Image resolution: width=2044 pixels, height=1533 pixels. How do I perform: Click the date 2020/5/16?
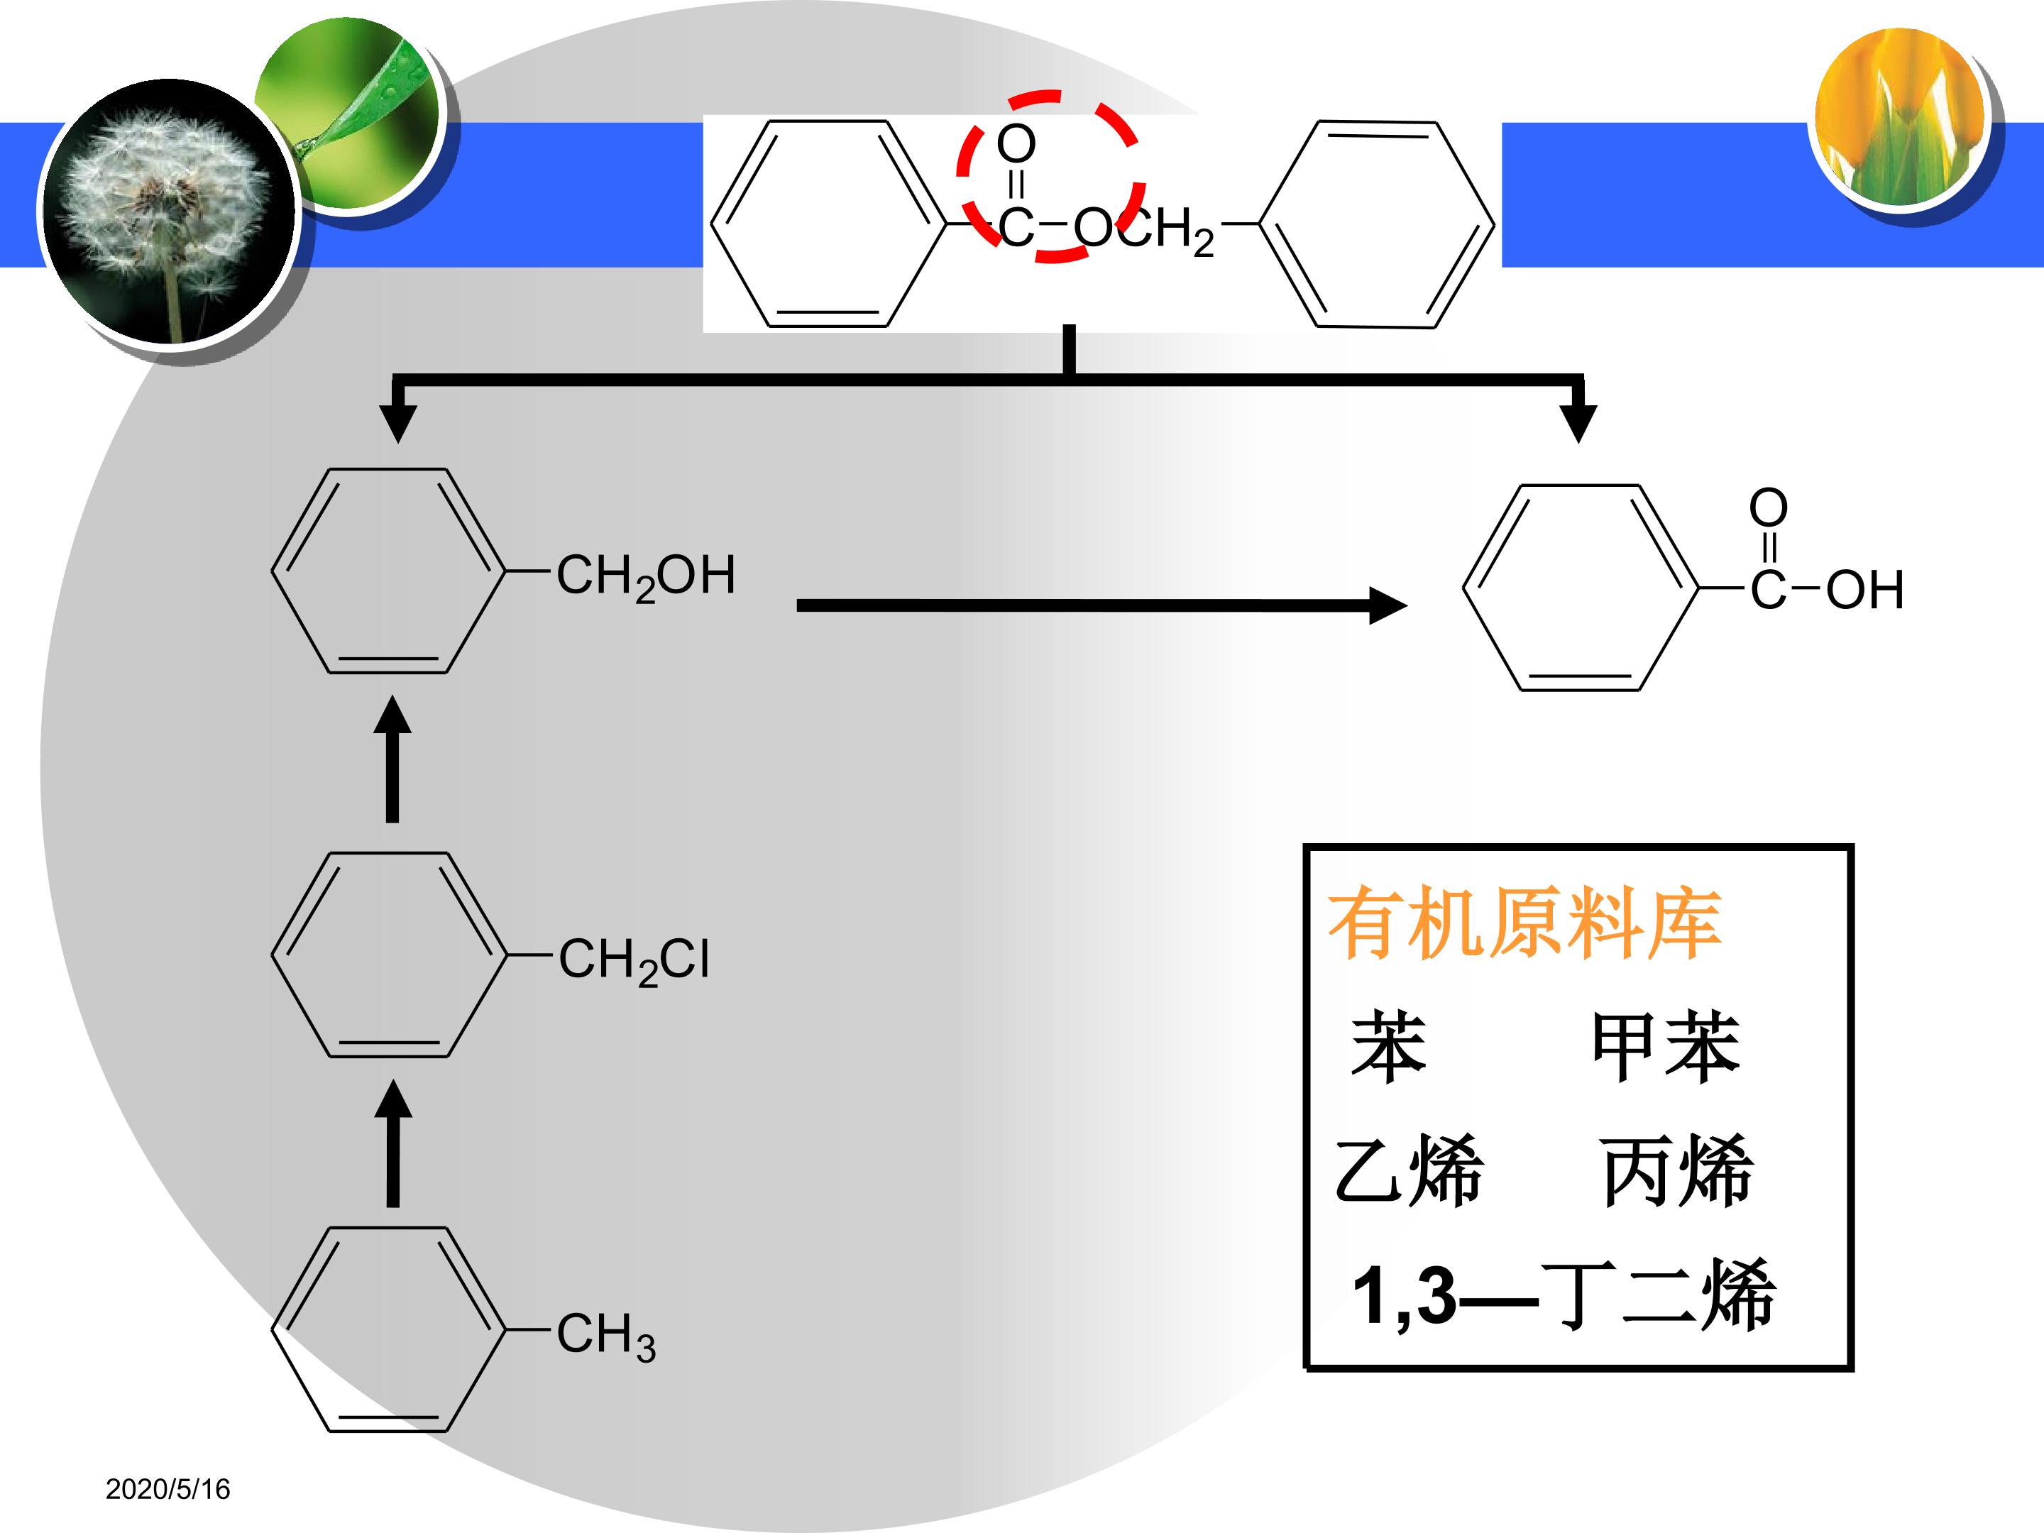click(x=167, y=1489)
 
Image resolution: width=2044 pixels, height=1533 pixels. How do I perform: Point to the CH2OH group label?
click(x=646, y=576)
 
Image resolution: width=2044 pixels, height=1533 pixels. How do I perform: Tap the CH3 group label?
click(x=606, y=1335)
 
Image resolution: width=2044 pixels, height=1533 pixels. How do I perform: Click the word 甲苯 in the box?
click(x=1666, y=1047)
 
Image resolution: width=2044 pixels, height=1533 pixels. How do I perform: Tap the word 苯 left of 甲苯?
click(x=1389, y=1047)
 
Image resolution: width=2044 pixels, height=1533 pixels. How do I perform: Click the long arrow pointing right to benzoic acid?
click(x=1101, y=606)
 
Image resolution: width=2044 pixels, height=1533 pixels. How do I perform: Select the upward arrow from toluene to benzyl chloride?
click(x=392, y=1143)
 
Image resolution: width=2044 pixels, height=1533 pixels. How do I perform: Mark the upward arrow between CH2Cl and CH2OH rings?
click(x=392, y=759)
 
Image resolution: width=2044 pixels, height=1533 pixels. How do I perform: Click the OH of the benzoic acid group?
click(x=1864, y=590)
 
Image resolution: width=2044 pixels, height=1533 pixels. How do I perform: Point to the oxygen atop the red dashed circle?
click(x=1016, y=144)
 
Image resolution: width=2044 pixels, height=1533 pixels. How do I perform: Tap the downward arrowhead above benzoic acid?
click(x=1578, y=423)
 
